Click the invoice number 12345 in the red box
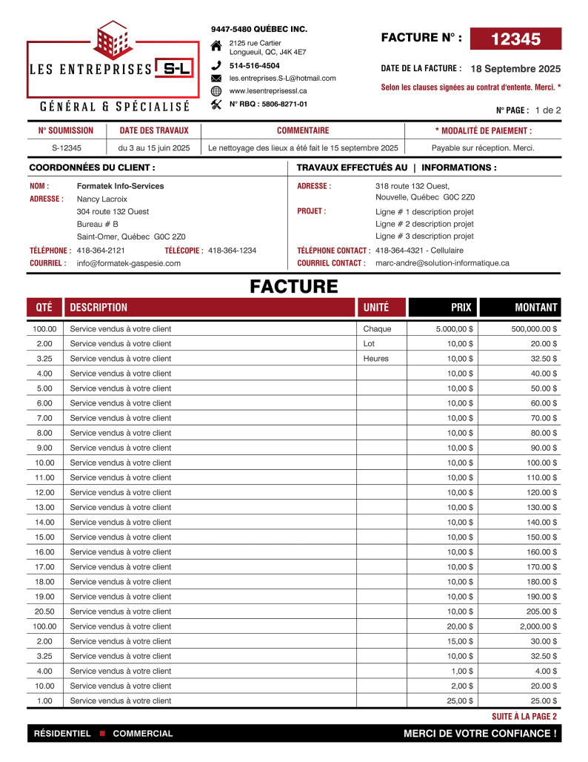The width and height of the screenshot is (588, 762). point(515,39)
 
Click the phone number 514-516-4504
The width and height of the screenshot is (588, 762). point(255,65)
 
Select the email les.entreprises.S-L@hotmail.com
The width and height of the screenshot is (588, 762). point(282,78)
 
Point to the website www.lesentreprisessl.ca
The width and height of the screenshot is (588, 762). point(268,90)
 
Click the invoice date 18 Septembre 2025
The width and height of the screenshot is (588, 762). point(515,68)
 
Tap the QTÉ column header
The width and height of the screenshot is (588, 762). point(44,307)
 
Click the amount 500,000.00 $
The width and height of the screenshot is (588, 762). point(534,328)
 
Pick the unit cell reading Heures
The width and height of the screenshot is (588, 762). point(375,358)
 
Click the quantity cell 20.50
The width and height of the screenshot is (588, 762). point(44,612)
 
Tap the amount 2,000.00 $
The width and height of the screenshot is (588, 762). point(537,626)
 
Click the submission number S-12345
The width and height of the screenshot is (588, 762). point(67,148)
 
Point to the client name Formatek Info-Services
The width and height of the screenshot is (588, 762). point(121,186)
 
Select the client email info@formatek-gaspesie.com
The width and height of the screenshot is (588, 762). point(129,263)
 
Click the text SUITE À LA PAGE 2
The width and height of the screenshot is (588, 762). point(524,717)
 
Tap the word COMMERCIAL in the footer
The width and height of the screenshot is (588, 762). point(143,734)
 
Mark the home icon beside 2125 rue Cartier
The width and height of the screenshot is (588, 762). point(216,46)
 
